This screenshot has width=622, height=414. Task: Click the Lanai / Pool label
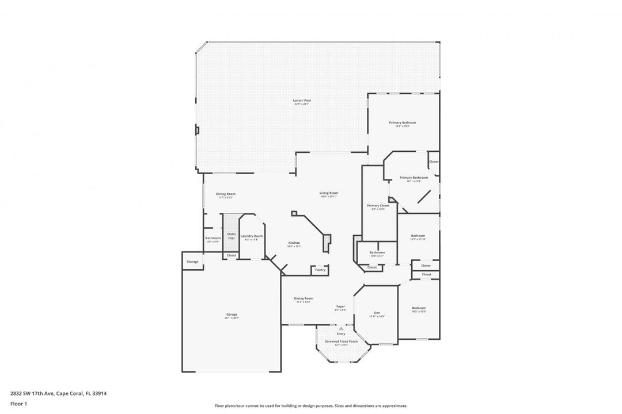coord(302,101)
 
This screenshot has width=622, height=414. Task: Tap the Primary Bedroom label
coord(402,122)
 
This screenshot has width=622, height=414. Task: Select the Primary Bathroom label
coord(414,178)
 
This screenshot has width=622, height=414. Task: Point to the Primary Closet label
coord(378,205)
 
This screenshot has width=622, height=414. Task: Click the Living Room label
coord(329,193)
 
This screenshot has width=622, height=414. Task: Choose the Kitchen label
coord(294,243)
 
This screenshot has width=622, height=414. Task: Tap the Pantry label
coord(320,270)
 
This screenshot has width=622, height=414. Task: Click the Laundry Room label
coord(252,236)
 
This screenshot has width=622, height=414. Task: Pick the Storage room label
coord(192,262)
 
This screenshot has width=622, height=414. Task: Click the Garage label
coord(232,315)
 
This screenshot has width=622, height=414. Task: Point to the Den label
coord(377,313)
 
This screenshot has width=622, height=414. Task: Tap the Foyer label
coord(340,307)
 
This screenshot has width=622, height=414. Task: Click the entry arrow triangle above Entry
coord(341,328)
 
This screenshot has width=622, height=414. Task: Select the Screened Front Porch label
coord(341,342)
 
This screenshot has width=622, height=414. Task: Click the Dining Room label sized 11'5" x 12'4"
coord(304,298)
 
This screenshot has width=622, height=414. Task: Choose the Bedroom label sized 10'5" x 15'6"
coord(419,308)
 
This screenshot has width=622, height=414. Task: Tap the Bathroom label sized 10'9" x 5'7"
coord(377,252)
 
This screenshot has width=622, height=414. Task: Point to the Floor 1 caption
coord(18,404)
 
